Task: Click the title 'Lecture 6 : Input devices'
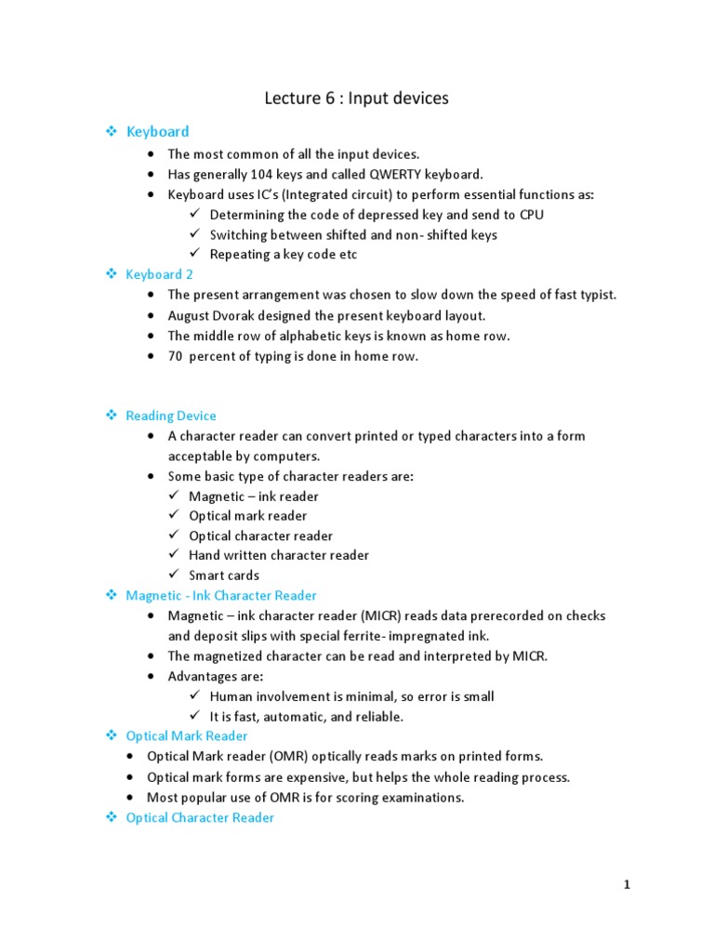(x=357, y=98)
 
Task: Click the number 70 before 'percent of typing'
(x=175, y=356)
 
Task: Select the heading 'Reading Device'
(x=171, y=416)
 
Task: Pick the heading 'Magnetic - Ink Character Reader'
(x=221, y=595)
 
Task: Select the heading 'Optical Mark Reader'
(x=187, y=735)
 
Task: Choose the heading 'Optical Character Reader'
(x=200, y=817)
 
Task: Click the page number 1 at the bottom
(x=628, y=885)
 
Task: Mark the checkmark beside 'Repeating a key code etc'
(x=194, y=254)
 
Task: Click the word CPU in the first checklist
(x=531, y=214)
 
